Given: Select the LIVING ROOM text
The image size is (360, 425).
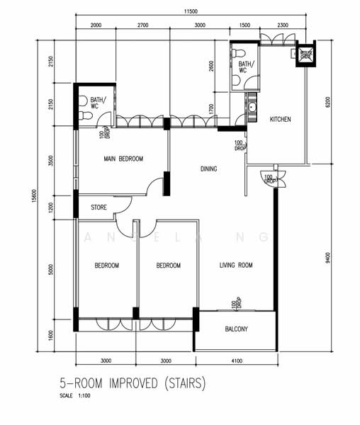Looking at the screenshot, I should click(x=236, y=266).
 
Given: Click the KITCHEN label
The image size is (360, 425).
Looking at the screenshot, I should click(x=281, y=119).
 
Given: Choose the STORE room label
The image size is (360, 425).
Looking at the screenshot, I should click(x=99, y=208).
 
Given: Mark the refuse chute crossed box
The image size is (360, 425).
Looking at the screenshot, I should click(x=306, y=57).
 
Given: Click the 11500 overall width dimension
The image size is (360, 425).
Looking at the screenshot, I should click(x=188, y=12).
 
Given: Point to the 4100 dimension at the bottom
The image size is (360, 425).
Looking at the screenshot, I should click(x=236, y=362).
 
